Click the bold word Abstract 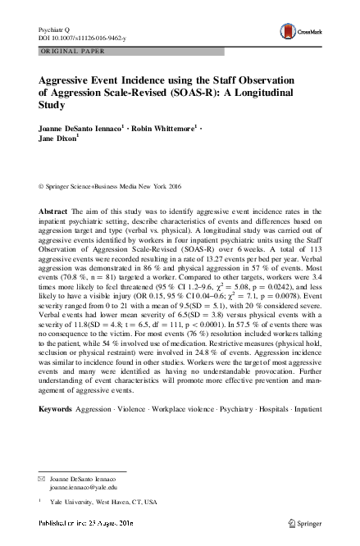(54, 212)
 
